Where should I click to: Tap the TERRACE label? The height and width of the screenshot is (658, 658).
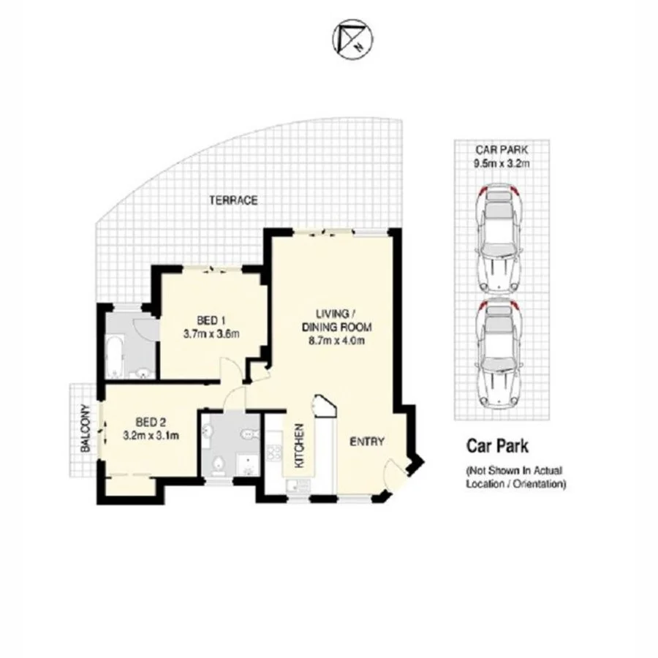tap(232, 200)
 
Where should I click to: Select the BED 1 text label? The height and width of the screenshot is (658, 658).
tap(212, 319)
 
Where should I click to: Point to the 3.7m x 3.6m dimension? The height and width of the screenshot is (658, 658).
tap(211, 334)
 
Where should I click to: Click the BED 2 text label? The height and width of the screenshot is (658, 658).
tap(152, 422)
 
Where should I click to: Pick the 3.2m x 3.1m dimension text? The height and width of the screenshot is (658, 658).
tap(151, 436)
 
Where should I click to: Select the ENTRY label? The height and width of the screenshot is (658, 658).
tap(367, 442)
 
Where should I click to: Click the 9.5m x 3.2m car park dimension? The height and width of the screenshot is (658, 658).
tap(501, 164)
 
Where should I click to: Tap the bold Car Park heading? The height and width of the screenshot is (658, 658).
tap(497, 445)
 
